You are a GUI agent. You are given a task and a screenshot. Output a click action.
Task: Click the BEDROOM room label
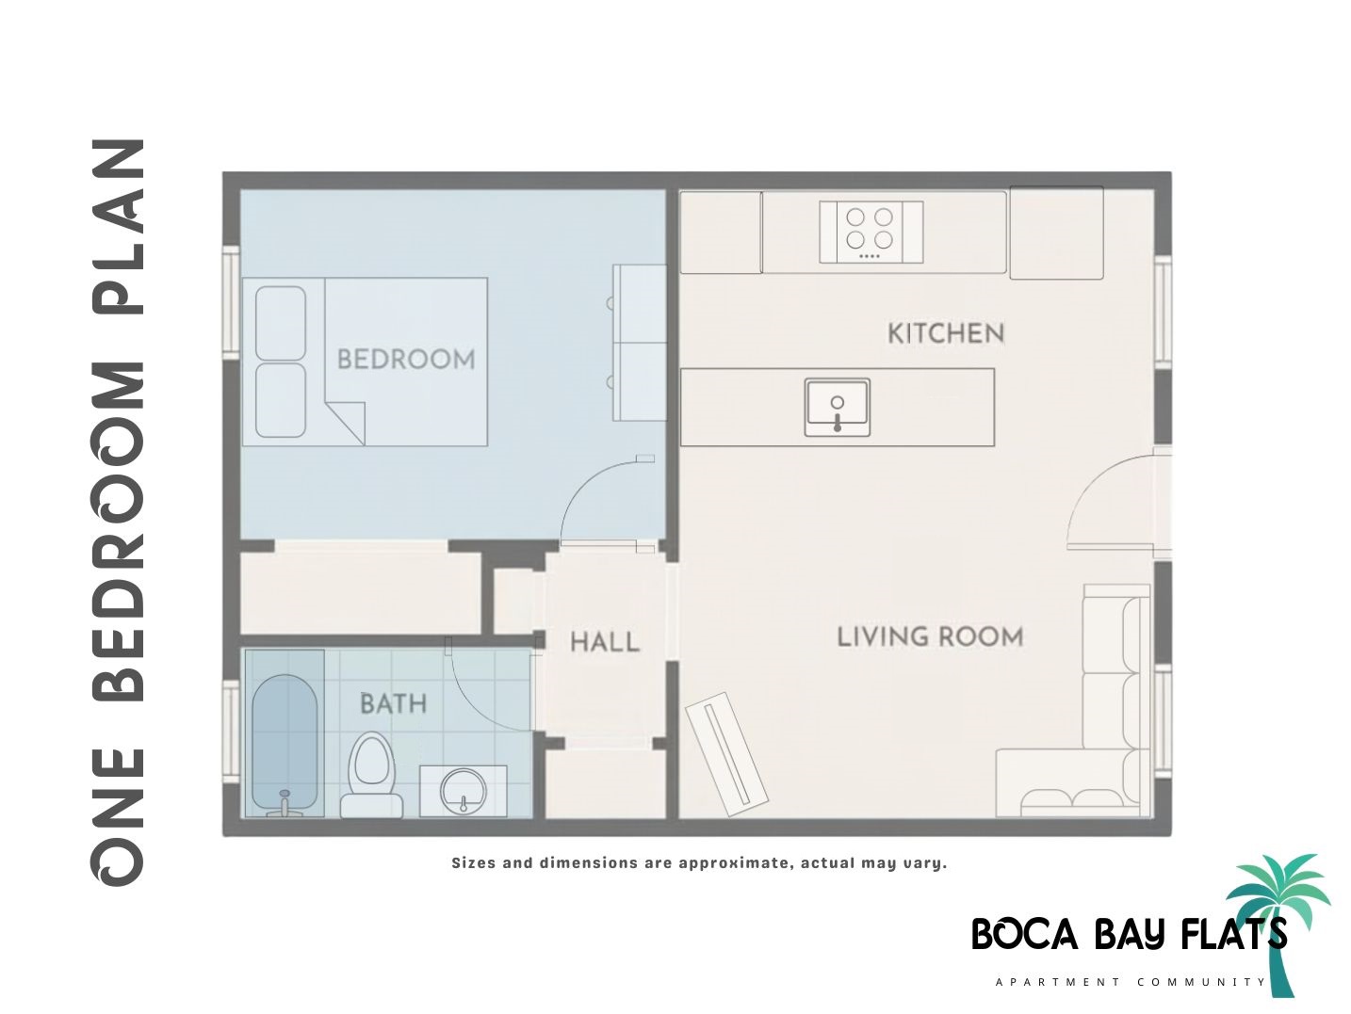(x=405, y=359)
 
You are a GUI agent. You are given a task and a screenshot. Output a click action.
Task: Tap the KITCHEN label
(x=945, y=333)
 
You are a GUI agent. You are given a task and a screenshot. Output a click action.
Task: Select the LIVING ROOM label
(x=930, y=636)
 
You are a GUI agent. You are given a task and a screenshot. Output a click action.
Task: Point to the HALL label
(x=605, y=642)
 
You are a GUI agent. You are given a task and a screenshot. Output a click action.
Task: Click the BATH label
(x=393, y=703)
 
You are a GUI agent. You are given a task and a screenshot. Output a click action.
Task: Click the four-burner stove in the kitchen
(x=871, y=232)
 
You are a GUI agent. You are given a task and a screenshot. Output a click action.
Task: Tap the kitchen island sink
(x=838, y=407)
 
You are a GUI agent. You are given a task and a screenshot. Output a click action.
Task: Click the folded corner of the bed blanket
(x=346, y=418)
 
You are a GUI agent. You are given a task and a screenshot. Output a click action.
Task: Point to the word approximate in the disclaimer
(x=733, y=862)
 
